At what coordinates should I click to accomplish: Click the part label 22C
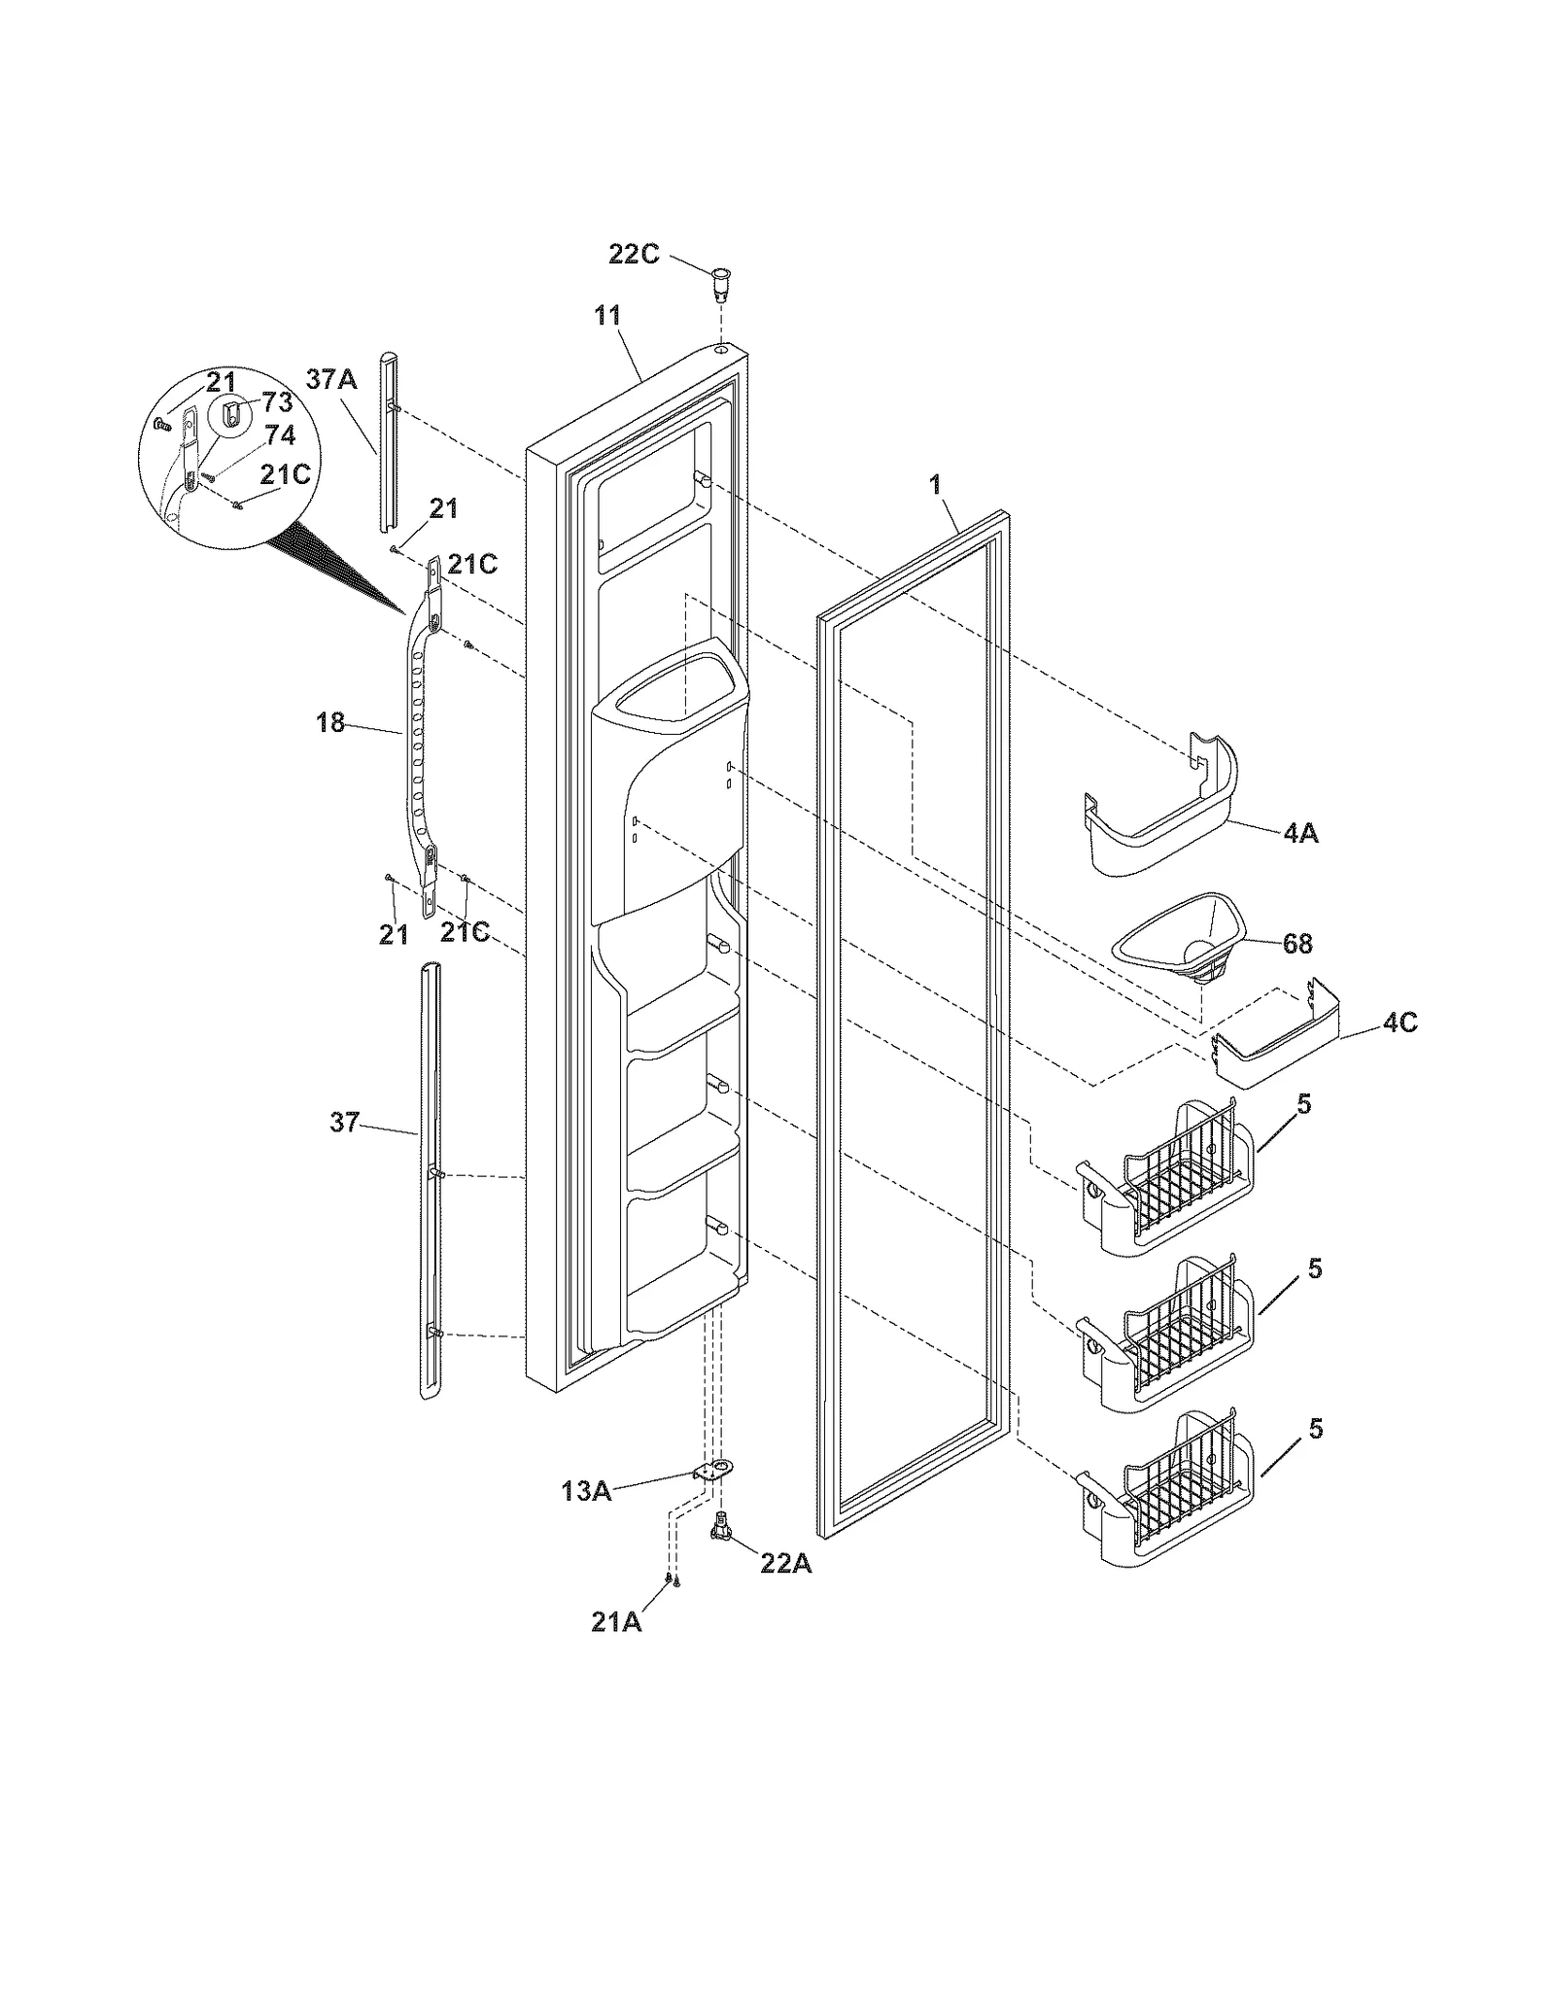tap(634, 255)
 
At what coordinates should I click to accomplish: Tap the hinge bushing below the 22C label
tap(720, 277)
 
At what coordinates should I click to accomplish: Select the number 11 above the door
tap(608, 316)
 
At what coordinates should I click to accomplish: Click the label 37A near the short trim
tap(331, 379)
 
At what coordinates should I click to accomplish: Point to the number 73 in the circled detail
tap(277, 402)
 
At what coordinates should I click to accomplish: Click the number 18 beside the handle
tap(330, 723)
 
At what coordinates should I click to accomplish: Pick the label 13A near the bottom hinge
tap(586, 1490)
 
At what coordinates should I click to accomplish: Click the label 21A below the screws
tap(616, 1621)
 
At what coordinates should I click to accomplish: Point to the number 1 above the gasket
tap(936, 484)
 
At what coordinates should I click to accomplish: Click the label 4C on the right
tap(1399, 1023)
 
